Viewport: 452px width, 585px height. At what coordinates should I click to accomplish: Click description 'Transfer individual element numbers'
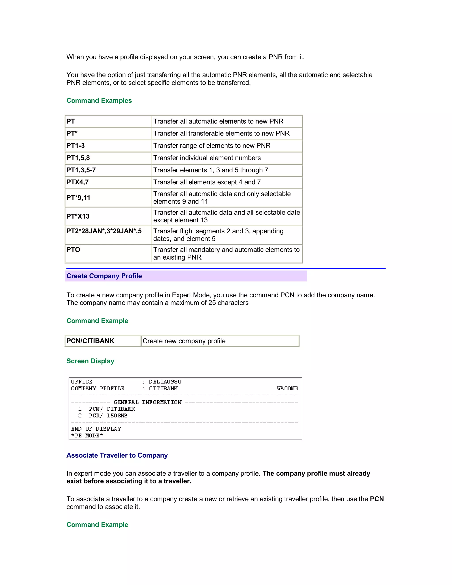(207, 158)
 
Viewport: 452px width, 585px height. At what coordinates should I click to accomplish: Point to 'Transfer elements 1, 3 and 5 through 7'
(211, 170)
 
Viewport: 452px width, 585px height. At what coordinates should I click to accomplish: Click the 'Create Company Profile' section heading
(104, 276)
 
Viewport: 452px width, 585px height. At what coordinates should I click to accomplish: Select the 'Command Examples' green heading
(99, 101)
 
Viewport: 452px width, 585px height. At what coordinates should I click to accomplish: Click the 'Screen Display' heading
(90, 361)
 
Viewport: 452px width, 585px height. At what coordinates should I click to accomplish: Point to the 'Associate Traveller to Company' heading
(117, 455)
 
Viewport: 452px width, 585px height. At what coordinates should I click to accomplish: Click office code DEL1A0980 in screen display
(165, 382)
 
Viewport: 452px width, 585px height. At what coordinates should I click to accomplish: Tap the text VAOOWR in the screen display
(288, 388)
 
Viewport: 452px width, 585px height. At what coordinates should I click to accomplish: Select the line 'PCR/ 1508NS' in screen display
(108, 415)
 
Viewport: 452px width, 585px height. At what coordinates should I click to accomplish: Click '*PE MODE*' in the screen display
(87, 436)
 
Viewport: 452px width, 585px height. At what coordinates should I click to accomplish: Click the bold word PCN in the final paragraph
(377, 499)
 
